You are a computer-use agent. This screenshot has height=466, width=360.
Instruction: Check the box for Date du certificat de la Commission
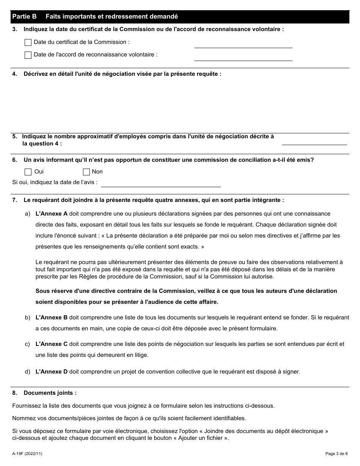[28, 42]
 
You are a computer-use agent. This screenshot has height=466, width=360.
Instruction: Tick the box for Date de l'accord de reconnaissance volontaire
[28, 55]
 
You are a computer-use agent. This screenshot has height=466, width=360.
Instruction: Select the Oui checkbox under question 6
[28, 172]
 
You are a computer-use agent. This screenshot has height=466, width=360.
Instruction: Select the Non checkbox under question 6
[86, 172]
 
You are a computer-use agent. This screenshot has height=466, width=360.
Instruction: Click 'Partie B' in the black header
[25, 17]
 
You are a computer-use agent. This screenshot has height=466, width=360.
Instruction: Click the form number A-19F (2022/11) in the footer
[27, 453]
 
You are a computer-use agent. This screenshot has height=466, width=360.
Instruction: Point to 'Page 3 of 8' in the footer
[336, 453]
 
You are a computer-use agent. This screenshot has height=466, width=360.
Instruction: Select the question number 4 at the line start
[14, 74]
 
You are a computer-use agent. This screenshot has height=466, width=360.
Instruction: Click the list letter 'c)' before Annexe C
[27, 344]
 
